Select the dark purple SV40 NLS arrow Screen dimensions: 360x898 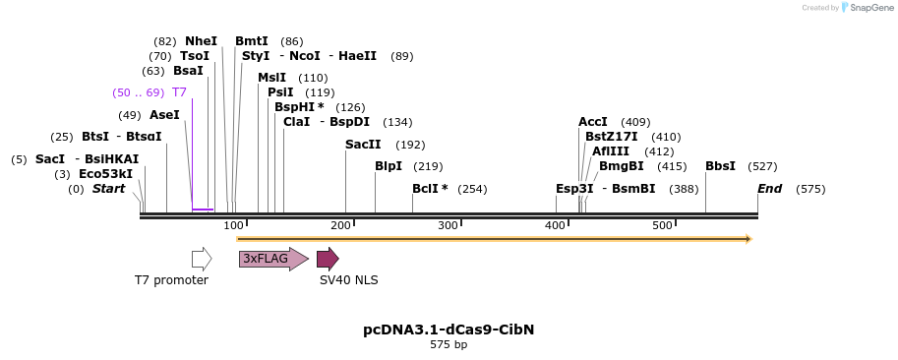click(x=328, y=259)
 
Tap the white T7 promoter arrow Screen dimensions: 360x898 click(x=202, y=259)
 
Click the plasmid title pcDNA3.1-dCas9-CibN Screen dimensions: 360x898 click(x=449, y=330)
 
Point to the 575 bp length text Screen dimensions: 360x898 click(x=449, y=345)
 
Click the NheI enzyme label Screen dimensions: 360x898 click(x=201, y=41)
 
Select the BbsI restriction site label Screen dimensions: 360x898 click(x=720, y=166)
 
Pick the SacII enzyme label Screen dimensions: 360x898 click(x=363, y=145)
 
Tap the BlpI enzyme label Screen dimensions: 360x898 click(x=389, y=166)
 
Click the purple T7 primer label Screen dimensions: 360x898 click(x=179, y=92)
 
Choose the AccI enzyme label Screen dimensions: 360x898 click(x=593, y=122)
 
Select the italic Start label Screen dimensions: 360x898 click(x=108, y=189)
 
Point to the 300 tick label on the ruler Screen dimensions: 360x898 click(x=448, y=225)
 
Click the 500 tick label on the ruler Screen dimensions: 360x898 click(x=662, y=225)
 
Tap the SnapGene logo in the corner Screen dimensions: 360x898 click(x=864, y=8)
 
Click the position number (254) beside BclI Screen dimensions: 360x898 click(x=472, y=189)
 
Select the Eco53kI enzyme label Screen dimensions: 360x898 click(x=105, y=174)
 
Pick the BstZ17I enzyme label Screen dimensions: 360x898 click(x=611, y=137)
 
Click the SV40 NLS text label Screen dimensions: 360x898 click(x=348, y=280)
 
